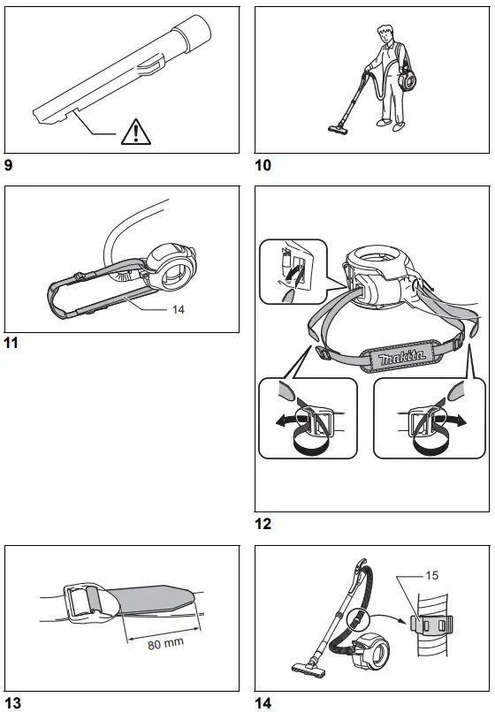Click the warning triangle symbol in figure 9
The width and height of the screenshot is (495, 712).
click(x=135, y=132)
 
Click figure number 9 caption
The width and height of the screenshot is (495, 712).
click(x=9, y=164)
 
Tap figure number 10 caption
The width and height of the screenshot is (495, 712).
click(x=263, y=164)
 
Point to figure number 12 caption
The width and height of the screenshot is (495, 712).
click(x=263, y=524)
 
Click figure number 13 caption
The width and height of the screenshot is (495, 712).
click(x=12, y=702)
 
